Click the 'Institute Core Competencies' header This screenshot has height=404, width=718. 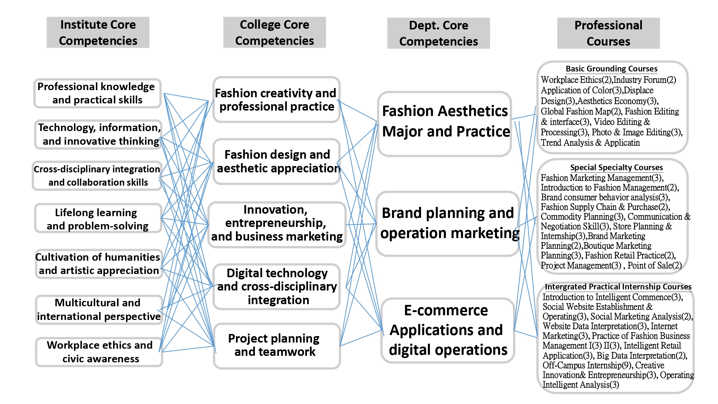(98, 32)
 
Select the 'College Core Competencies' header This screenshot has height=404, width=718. (274, 32)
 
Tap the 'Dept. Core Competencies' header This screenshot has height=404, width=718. (438, 33)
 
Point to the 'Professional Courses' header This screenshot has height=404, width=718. (608, 33)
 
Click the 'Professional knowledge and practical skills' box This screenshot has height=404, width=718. (97, 93)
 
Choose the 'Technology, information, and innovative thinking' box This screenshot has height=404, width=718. (99, 134)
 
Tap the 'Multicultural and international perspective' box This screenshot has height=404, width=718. (99, 310)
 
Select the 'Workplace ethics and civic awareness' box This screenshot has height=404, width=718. (99, 352)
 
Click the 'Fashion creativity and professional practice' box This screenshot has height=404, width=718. (276, 99)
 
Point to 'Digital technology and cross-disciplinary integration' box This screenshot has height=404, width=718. (277, 286)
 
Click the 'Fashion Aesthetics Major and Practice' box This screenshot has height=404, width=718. (445, 121)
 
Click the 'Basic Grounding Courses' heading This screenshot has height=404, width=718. (611, 69)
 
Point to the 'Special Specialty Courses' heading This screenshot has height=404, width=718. (616, 167)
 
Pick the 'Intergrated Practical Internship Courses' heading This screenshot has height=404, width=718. (618, 287)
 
